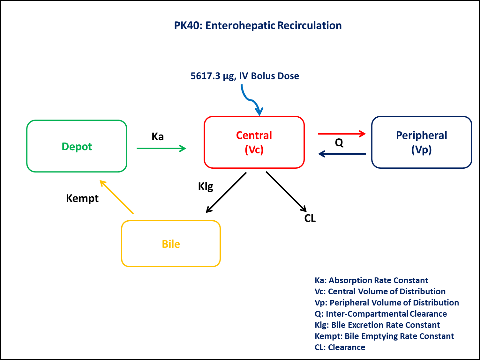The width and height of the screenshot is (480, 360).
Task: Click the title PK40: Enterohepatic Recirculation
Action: [x=258, y=26]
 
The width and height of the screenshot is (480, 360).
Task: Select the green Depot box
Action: [x=77, y=146]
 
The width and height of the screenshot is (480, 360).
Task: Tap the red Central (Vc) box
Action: [x=254, y=142]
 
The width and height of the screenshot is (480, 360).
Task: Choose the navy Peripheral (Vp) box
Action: [x=421, y=142]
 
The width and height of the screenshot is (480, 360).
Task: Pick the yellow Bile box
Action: [x=171, y=244]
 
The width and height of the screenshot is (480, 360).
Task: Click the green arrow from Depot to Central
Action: [x=161, y=148]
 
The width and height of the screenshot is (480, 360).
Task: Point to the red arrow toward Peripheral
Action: [x=341, y=134]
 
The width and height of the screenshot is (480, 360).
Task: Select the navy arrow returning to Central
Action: [x=342, y=154]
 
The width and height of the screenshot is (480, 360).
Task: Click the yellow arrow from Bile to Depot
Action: [x=116, y=197]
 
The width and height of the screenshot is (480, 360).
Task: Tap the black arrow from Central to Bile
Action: [x=226, y=192]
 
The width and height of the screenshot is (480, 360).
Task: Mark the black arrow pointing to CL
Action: [x=286, y=191]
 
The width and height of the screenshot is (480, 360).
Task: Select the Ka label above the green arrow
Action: [x=158, y=136]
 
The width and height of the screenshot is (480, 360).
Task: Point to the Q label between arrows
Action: [x=339, y=143]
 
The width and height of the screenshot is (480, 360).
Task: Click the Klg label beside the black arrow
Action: [x=206, y=186]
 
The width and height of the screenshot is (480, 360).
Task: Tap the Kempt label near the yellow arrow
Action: [x=82, y=198]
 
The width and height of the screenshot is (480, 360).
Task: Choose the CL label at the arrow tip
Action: [x=310, y=218]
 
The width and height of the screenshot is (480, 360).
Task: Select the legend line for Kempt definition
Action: [x=384, y=336]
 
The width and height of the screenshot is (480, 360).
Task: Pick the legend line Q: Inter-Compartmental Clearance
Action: [x=380, y=314]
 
